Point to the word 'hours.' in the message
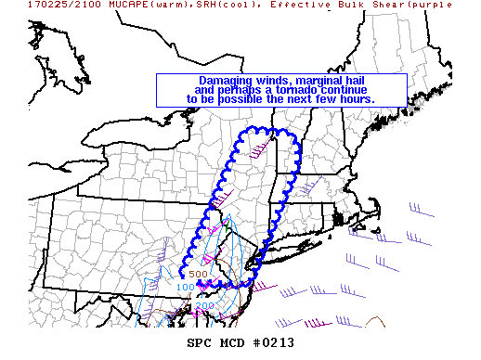(356, 98)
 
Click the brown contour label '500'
(198, 274)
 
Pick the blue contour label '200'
(204, 305)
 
